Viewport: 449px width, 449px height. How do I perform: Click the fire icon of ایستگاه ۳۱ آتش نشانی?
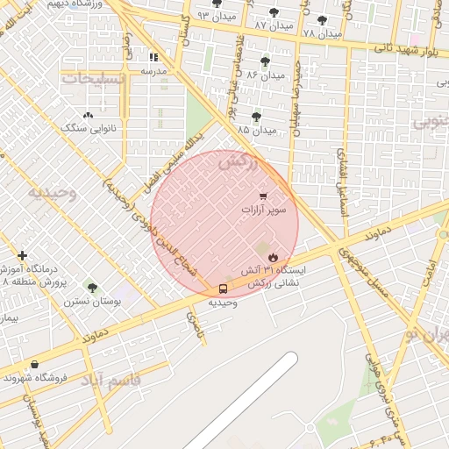tap(274, 257)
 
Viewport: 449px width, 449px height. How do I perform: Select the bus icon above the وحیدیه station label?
tap(223, 289)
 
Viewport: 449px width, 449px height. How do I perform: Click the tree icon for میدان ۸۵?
tap(256, 117)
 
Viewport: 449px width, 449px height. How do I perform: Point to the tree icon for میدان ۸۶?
tap(265, 61)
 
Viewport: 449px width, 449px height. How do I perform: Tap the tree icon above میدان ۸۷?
tap(274, 12)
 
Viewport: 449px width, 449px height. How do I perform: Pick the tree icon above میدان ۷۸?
tap(322, 19)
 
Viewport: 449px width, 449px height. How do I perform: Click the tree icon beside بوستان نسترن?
tap(92, 288)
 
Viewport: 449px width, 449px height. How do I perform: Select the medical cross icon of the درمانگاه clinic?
tap(22, 255)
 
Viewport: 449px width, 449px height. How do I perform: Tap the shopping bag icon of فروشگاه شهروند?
tap(34, 364)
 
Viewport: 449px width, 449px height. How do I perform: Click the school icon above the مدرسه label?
tap(154, 57)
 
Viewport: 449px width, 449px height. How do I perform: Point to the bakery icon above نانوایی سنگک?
tap(87, 115)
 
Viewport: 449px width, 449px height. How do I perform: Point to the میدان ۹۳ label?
tap(216, 16)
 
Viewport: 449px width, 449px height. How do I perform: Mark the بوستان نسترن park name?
tap(91, 301)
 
